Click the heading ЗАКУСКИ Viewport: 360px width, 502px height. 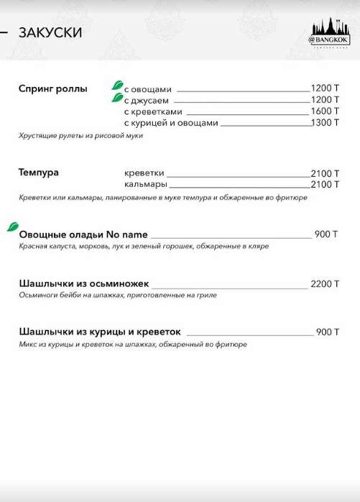(50, 32)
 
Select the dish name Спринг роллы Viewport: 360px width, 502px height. (52, 88)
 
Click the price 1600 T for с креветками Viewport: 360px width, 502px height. (325, 111)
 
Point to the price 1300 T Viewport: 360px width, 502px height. (325, 123)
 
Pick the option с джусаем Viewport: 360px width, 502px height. (147, 100)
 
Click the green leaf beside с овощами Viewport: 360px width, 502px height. (116, 85)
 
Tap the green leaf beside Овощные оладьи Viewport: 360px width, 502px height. (12, 227)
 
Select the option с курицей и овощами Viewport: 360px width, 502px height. (170, 123)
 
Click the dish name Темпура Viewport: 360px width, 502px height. (39, 173)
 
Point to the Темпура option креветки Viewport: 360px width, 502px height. (144, 173)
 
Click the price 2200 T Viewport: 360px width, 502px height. (325, 284)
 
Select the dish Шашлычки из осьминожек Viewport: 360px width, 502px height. (84, 284)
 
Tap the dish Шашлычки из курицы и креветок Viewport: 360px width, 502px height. (100, 332)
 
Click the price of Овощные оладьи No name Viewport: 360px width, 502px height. (326, 234)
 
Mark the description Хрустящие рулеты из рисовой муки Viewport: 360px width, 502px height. (81, 135)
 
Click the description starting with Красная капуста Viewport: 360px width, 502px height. (144, 246)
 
